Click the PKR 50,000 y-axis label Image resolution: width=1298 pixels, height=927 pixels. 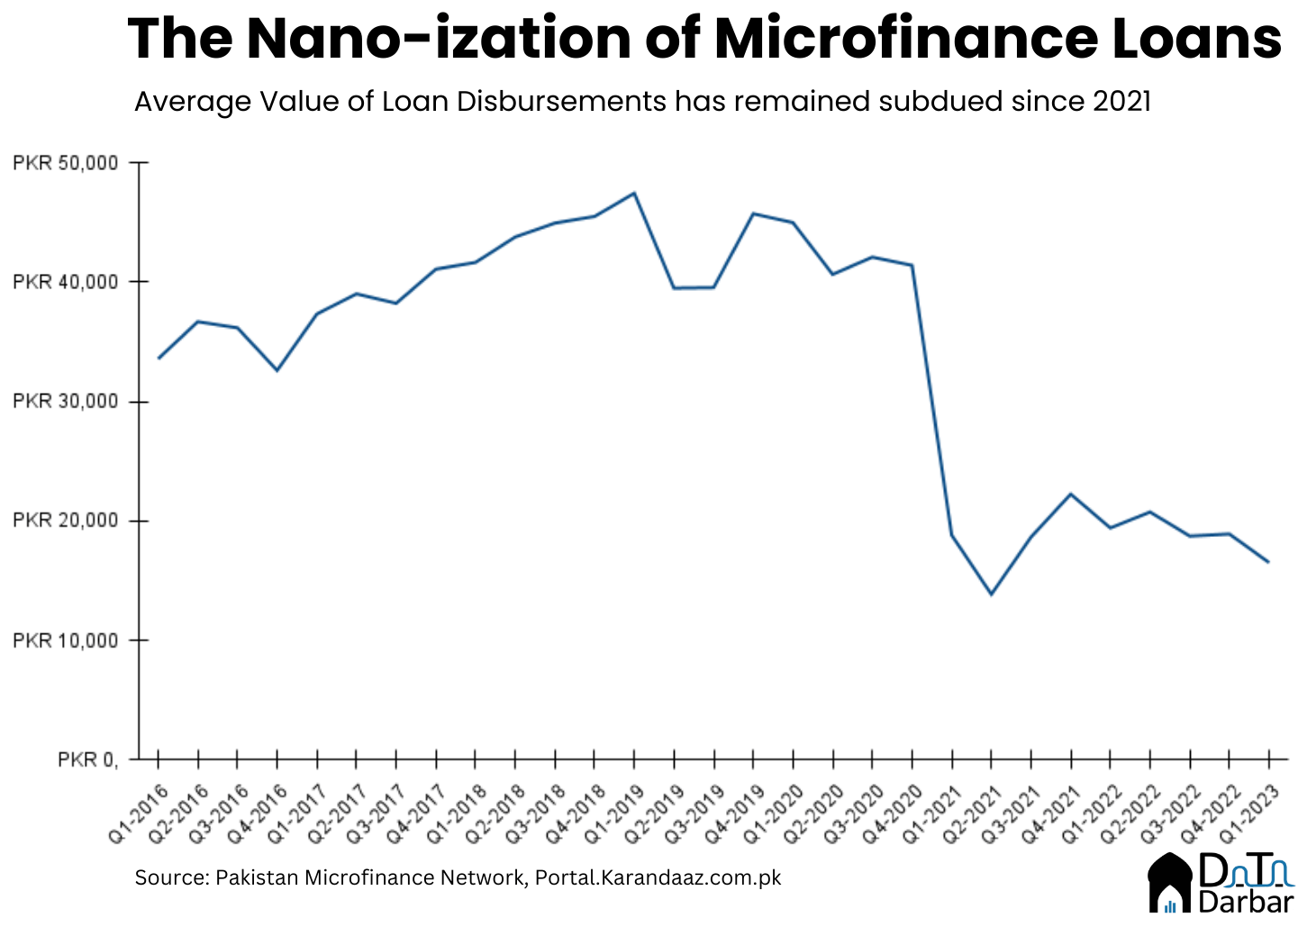(x=65, y=163)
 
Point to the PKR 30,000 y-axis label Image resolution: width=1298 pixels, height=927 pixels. (x=65, y=402)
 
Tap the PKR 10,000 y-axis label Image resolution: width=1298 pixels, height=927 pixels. (x=65, y=641)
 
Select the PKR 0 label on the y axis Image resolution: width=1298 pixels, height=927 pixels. (x=87, y=760)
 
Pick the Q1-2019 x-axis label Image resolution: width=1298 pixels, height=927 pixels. (x=614, y=813)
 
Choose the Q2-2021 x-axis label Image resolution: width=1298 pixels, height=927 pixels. (x=971, y=813)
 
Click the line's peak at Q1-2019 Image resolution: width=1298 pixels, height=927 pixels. (x=634, y=193)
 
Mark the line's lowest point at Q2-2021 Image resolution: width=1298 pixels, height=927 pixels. (x=991, y=595)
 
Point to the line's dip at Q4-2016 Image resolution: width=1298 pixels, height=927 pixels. (x=277, y=370)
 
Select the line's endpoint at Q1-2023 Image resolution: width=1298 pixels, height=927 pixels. (x=1268, y=562)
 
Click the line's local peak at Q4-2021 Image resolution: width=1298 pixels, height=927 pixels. (x=1070, y=494)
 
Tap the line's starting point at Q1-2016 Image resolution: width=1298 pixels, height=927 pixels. (x=159, y=359)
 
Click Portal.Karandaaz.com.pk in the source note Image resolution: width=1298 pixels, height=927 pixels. (x=658, y=877)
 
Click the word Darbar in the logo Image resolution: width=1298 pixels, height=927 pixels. (x=1246, y=902)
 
